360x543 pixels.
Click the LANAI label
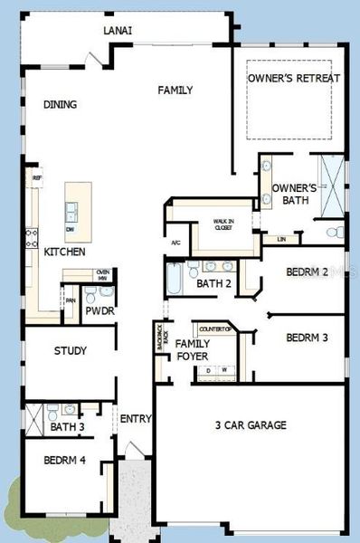pos(118,30)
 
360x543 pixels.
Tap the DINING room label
pos(60,105)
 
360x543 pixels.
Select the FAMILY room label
pos(175,90)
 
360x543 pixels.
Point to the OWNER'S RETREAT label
pos(294,79)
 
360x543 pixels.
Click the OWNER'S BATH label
pos(295,194)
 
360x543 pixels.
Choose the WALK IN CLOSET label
pos(223,224)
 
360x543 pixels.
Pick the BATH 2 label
pos(215,284)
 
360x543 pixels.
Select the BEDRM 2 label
pos(306,271)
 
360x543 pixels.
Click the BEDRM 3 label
pos(306,338)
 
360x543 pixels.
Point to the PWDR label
pos(99,311)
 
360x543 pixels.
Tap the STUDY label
pos(70,351)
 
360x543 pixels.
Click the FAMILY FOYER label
pos(193,350)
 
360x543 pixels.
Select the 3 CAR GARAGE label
pos(251,424)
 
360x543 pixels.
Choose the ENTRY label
pos(136,419)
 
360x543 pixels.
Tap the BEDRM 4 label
pos(64,461)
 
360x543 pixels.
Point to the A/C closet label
pos(176,243)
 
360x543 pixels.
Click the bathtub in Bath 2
pos(173,280)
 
